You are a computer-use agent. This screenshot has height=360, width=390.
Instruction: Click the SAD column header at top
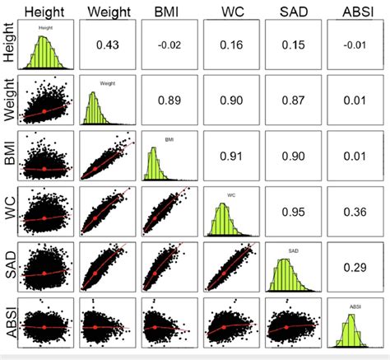(295, 12)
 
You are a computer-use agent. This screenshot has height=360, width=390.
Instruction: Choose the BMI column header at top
(170, 12)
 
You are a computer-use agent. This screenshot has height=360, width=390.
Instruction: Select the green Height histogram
(47, 53)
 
